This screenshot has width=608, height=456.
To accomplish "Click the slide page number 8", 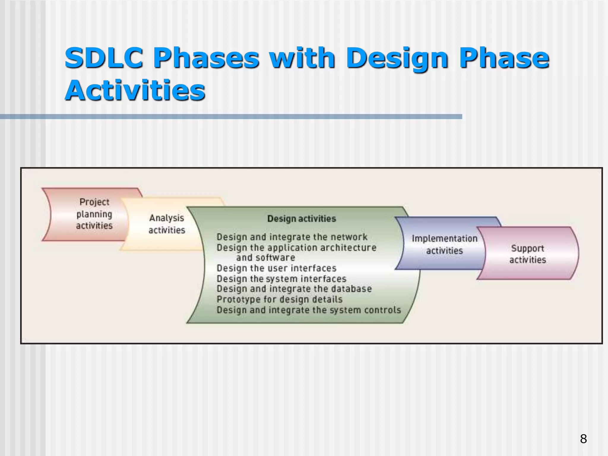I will coord(583,439).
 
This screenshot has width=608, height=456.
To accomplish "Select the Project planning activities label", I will coord(94,214).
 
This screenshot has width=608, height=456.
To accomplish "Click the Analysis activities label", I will coord(167,224).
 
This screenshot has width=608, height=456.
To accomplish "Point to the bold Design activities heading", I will coord(302,219).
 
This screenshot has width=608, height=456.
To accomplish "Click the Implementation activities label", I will coord(444,244).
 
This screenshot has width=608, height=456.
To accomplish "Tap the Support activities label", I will coord(528,254).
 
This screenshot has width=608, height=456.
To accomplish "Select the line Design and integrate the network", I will coord(292,237).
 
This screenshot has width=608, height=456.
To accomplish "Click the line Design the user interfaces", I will coord(276,268).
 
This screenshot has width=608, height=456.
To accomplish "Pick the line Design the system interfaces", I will coord(281,279).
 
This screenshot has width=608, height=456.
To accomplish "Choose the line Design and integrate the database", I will coord(294,289).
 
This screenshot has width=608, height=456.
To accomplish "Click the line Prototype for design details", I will coord(279,299).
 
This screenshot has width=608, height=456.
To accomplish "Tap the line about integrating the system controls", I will coord(308,310).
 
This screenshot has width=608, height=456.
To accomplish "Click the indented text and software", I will coord(266,258).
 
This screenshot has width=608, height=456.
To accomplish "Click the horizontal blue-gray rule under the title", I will coord(231,117).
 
